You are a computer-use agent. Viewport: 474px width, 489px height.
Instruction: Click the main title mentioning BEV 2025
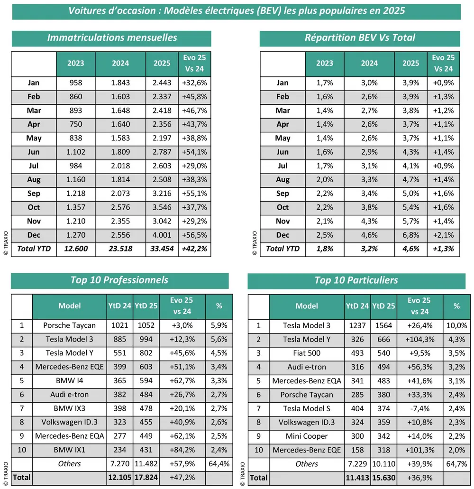pos(237,11)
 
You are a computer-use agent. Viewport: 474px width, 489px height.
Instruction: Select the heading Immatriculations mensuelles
pos(112,38)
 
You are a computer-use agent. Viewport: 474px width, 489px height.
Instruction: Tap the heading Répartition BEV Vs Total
pos(359,38)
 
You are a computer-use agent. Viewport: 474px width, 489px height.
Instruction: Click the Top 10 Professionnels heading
pos(119,280)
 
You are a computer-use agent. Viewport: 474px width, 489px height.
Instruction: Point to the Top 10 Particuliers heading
pos(355,281)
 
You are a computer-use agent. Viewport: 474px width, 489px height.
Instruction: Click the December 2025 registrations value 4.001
pos(163,235)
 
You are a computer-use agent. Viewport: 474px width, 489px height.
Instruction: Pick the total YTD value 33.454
pos(163,249)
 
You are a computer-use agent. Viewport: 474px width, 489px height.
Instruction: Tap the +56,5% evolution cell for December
pos(194,235)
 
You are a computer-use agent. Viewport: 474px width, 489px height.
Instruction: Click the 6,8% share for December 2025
pos(411,235)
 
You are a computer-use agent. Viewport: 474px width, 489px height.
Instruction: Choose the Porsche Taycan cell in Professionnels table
pos(69,325)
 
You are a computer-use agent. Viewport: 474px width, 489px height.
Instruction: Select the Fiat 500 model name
pos(306,353)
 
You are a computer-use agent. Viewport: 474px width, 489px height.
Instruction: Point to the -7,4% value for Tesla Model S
pos(419,409)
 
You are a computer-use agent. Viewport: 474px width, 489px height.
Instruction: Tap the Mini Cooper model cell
pos(306,436)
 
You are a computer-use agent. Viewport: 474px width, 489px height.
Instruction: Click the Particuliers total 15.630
pos(383,478)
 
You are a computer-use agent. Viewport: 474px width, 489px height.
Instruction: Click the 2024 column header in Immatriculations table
pos(120,64)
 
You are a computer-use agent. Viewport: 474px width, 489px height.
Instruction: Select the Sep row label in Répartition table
pos(283,194)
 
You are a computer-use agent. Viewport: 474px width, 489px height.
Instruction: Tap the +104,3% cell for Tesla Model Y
pos(419,340)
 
